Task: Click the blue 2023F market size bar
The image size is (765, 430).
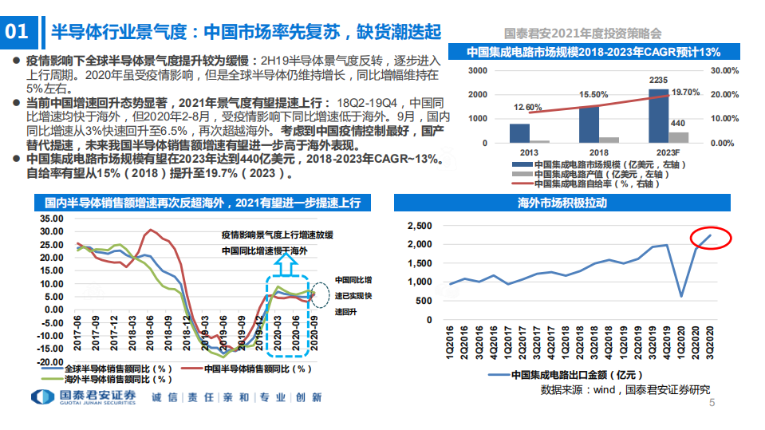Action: pos(659,116)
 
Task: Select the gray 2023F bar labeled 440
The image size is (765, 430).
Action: pos(678,137)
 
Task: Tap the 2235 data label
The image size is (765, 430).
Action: pos(659,81)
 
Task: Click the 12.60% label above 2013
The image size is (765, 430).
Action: pos(527,108)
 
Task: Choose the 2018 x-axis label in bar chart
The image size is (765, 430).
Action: pos(589,152)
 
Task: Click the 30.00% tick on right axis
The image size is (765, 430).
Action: pos(725,70)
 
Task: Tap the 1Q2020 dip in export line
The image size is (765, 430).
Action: pos(680,296)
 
